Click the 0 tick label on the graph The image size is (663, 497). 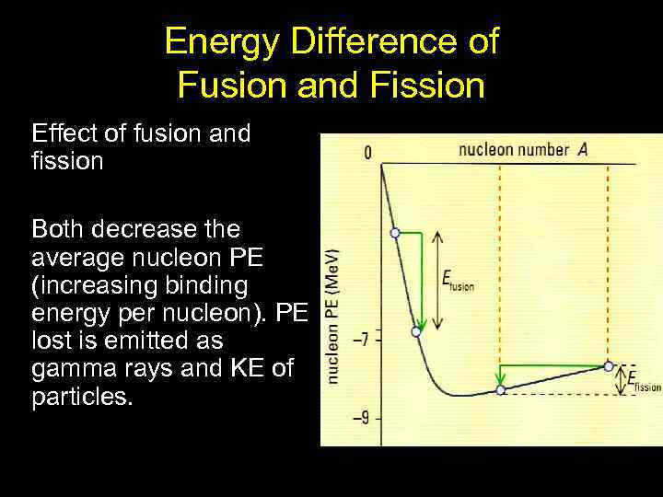pyautogui.click(x=368, y=154)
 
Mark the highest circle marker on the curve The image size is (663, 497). pyautogui.click(x=395, y=233)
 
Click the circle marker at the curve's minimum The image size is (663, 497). pyautogui.click(x=500, y=390)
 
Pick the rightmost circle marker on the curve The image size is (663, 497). pyautogui.click(x=609, y=365)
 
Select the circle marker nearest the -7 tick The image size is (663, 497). pyautogui.click(x=416, y=331)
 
